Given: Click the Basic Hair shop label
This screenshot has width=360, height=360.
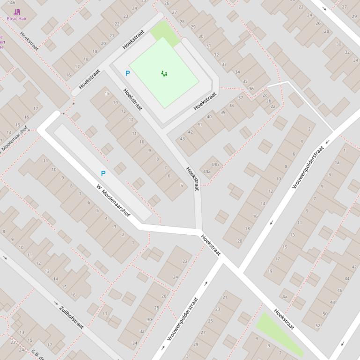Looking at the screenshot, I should (17, 19).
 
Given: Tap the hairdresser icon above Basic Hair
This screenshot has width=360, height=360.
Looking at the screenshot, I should (17, 12).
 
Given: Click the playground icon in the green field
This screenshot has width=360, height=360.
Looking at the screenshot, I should (164, 73).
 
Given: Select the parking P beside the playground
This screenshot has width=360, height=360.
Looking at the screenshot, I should (127, 73).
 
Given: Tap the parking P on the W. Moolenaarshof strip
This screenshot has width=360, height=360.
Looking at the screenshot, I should (103, 173).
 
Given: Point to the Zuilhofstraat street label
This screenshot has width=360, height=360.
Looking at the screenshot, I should (72, 317).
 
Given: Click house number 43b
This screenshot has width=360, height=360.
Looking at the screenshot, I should (215, 165).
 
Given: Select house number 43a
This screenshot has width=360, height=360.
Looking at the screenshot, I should (207, 172).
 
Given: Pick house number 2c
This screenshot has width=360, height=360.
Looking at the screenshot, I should (265, 95).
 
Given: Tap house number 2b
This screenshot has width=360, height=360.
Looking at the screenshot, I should (269, 101).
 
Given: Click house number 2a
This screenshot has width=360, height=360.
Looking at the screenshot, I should (273, 107).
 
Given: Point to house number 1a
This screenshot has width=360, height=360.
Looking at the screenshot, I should (337, 162).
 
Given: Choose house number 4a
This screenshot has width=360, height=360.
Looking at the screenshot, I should (285, 296).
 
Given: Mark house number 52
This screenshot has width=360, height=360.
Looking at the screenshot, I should (318, 325).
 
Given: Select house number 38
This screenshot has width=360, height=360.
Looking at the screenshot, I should (231, 106).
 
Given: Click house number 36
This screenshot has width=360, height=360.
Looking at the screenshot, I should (251, 89).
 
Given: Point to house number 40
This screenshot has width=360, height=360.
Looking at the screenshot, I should (209, 117).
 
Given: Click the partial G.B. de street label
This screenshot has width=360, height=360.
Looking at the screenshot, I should (37, 353).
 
